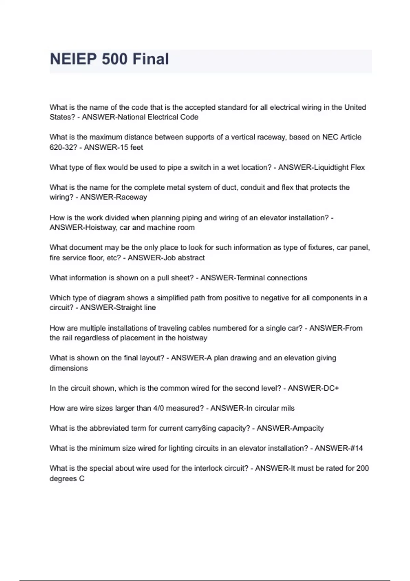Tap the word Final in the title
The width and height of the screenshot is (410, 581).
[151, 59]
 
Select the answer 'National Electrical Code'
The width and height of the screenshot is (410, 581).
[158, 117]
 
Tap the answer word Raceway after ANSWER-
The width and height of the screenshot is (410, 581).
[132, 197]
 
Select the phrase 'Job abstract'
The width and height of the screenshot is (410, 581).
[184, 258]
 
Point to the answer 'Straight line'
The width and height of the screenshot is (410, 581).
[136, 308]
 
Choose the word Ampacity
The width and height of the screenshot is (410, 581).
[307, 428]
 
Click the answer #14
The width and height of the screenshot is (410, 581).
[355, 448]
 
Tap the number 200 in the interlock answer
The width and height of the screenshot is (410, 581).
[362, 468]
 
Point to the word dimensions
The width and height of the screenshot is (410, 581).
[69, 368]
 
